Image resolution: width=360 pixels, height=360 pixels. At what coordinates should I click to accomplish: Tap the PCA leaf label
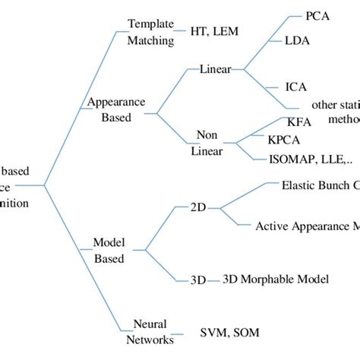pyautogui.click(x=317, y=16)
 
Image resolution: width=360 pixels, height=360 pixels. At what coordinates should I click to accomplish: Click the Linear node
pyautogui.click(x=215, y=69)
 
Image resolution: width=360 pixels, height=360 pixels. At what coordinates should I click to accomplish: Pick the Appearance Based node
pyautogui.click(x=111, y=109)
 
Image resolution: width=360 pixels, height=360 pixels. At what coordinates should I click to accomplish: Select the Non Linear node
pyautogui.click(x=207, y=141)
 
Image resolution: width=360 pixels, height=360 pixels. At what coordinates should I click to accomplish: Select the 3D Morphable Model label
pyautogui.click(x=276, y=279)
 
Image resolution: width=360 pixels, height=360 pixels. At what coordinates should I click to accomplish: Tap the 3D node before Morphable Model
pyautogui.click(x=197, y=279)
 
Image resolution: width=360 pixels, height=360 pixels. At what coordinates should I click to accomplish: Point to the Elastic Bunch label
pyautogui.click(x=319, y=185)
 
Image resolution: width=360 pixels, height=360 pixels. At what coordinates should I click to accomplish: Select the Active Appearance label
pyautogui.click(x=307, y=226)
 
